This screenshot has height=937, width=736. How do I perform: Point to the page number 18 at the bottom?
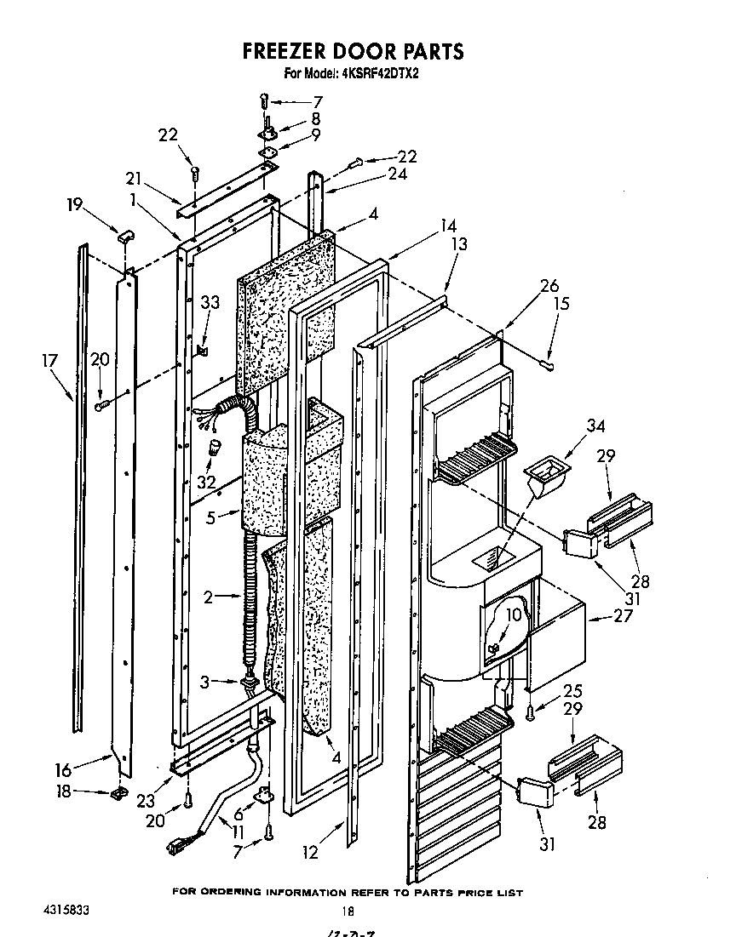[347, 910]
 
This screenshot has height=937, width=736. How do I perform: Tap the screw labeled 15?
[550, 365]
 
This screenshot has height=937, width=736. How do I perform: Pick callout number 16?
[63, 770]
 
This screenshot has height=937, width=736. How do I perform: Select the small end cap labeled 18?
[117, 794]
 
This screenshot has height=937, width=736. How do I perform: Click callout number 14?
[448, 226]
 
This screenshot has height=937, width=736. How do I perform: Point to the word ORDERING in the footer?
[233, 893]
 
